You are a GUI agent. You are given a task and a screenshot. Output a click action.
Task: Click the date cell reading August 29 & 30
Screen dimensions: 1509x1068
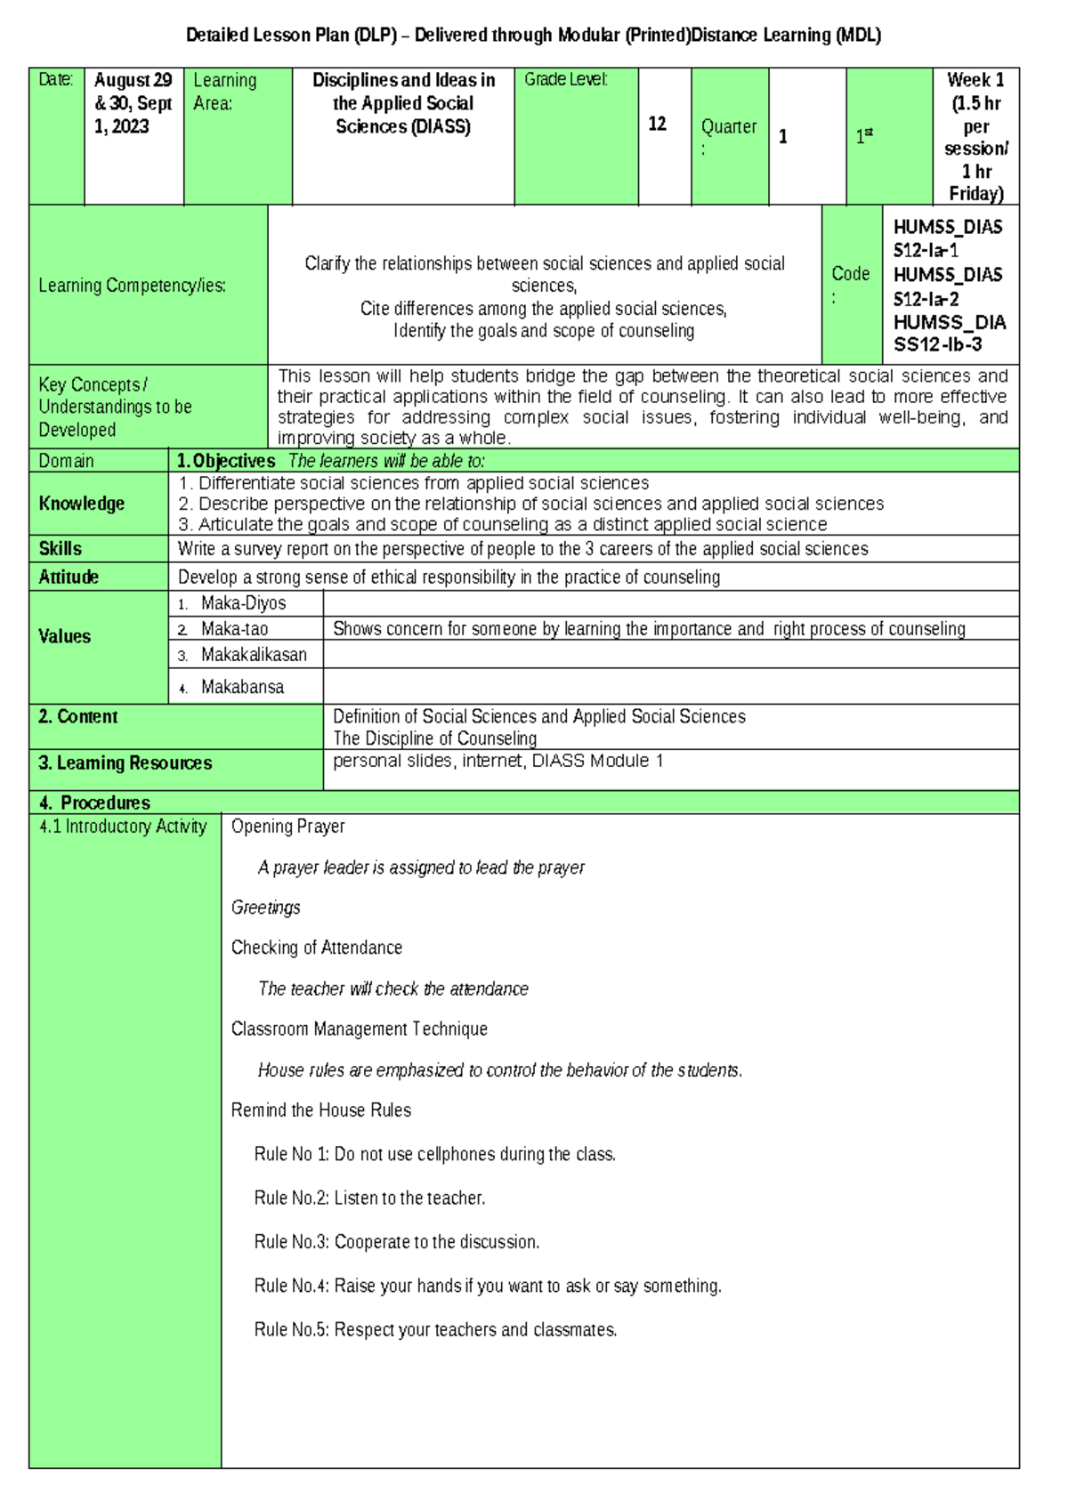[x=133, y=103]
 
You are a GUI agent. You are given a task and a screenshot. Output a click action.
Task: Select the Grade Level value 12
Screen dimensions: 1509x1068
[x=657, y=124]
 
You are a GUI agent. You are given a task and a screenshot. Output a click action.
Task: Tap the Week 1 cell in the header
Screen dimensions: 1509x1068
[x=975, y=136]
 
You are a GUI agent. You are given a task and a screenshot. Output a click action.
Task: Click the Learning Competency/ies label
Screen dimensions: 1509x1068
[x=132, y=286]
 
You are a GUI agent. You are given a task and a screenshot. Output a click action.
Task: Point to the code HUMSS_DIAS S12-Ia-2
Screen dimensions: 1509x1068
[x=947, y=286]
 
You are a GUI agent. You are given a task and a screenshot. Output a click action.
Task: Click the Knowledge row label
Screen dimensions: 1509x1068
[x=81, y=504]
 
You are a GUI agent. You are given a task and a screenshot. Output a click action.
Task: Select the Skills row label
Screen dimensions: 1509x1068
[x=60, y=548]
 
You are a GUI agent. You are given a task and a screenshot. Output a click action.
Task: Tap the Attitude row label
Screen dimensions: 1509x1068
[x=69, y=577]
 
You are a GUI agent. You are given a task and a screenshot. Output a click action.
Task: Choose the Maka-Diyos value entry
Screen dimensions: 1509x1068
[x=243, y=603]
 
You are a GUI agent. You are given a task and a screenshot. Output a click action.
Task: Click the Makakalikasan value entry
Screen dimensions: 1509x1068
[x=254, y=655]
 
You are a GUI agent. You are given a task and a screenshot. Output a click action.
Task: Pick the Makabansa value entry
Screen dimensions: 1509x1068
[x=242, y=687]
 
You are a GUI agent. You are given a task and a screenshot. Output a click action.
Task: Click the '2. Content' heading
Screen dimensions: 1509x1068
[x=77, y=716]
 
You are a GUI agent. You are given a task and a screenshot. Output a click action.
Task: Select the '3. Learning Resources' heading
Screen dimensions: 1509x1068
[x=125, y=763]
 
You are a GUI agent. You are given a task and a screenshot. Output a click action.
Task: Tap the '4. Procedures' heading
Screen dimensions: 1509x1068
[x=94, y=803]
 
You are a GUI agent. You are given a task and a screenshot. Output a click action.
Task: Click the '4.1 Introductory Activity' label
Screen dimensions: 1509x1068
[x=123, y=826]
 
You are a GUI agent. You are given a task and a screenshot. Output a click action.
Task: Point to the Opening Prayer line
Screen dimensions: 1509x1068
[x=287, y=826]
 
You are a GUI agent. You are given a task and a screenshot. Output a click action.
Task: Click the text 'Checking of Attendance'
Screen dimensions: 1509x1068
[x=316, y=948]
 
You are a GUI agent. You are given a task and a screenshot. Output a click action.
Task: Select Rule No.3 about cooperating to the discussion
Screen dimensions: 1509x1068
[x=396, y=1241]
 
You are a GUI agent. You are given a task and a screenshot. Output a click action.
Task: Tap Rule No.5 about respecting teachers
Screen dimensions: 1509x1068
[x=435, y=1329]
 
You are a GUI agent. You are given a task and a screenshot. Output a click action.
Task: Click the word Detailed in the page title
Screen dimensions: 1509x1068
[x=217, y=36]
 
